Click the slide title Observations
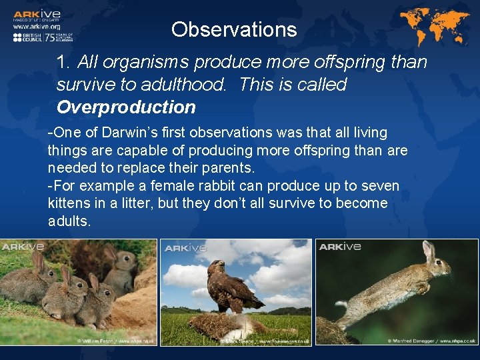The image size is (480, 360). [x=233, y=29]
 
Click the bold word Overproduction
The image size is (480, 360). [x=126, y=107]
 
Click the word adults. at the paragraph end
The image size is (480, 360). [x=69, y=221]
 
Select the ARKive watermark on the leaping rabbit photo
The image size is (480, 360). [x=340, y=247]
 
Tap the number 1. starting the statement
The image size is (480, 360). [x=64, y=63]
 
